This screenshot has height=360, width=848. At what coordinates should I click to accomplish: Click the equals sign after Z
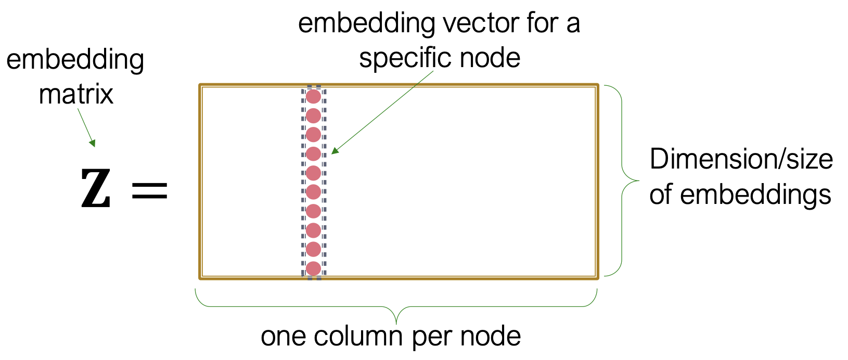150,190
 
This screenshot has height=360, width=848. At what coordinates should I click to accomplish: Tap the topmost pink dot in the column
313,96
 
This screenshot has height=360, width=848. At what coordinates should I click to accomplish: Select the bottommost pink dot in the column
313,268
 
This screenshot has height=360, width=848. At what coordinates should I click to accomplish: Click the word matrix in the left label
76,95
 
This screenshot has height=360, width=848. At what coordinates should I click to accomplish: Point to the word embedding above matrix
75,60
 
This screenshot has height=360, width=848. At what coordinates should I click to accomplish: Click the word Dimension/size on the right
741,159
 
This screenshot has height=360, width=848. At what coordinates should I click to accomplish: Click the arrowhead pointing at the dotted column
335,151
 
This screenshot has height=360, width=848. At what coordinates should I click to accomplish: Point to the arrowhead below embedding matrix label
93,143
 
